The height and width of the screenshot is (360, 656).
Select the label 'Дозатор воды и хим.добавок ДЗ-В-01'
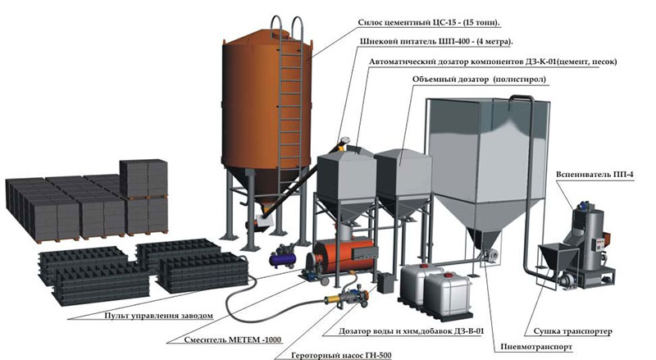416,332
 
